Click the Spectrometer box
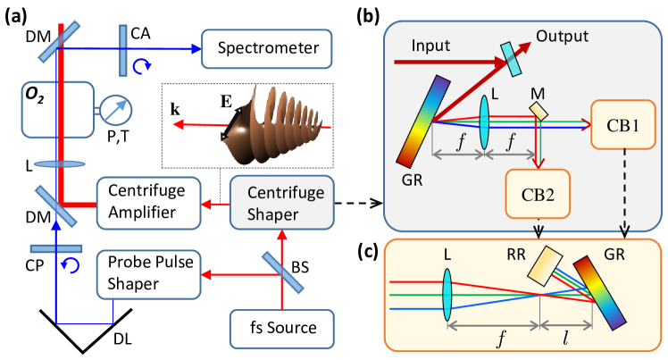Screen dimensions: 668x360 [266, 48]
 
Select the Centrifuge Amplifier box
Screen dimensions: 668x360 [148, 203]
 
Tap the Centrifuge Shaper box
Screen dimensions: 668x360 [282, 203]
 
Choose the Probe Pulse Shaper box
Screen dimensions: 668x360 [148, 274]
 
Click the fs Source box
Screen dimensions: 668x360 [282, 329]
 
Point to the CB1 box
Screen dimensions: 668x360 [622, 125]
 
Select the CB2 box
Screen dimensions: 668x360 [538, 194]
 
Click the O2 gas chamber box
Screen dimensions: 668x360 [58, 110]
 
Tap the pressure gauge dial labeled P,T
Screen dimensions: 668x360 [115, 111]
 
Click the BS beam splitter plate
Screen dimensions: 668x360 [282, 272]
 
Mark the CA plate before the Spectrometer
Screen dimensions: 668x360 [122, 50]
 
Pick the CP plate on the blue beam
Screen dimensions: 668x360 [55, 248]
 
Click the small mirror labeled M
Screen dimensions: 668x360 [539, 110]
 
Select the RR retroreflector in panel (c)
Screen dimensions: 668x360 [545, 267]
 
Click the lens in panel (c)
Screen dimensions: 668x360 [447, 294]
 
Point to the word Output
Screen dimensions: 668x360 [563, 37]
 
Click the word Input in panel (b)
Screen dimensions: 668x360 [430, 46]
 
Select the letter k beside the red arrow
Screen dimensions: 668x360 [175, 110]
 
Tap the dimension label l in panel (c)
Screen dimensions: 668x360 [566, 339]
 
